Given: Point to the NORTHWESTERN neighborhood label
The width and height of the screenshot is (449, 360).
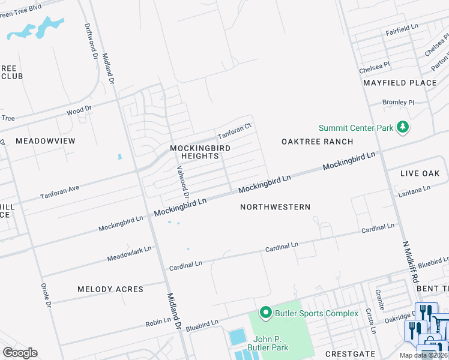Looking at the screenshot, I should tap(275, 207).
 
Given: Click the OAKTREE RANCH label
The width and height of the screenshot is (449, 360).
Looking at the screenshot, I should tap(317, 142).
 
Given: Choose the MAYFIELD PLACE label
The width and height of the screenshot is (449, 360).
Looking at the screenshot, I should tap(399, 83).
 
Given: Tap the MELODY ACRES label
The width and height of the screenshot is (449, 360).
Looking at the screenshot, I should tap(110, 289).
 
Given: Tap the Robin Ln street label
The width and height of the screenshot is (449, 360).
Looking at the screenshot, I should tap(158, 323).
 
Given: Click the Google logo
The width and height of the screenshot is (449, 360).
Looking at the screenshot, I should tap(20, 353).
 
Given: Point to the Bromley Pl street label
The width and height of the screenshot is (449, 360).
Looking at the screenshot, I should tap(399, 103).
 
